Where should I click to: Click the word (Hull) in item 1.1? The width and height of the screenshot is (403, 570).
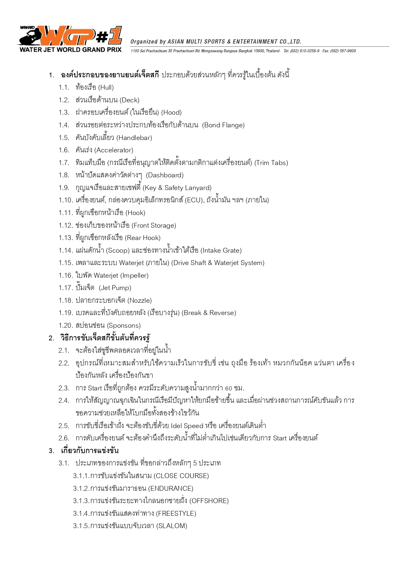tap(106, 87)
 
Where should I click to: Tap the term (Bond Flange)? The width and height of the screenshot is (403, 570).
tap(223, 125)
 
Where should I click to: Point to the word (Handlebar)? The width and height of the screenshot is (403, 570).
tap(134, 138)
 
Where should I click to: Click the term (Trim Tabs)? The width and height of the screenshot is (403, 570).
tap(271, 163)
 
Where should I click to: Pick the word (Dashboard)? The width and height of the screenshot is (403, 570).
tap(165, 175)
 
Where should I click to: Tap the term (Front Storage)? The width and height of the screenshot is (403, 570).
tap(154, 225)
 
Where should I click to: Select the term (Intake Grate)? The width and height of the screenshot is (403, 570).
tap(221, 250)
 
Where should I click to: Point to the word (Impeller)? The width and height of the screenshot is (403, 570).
tap(134, 275)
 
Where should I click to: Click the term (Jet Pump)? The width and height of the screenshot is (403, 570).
tap(115, 288)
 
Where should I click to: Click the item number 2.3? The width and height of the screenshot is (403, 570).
tap(64, 388)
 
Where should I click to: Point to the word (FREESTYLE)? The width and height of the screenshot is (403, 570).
tap(176, 513)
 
